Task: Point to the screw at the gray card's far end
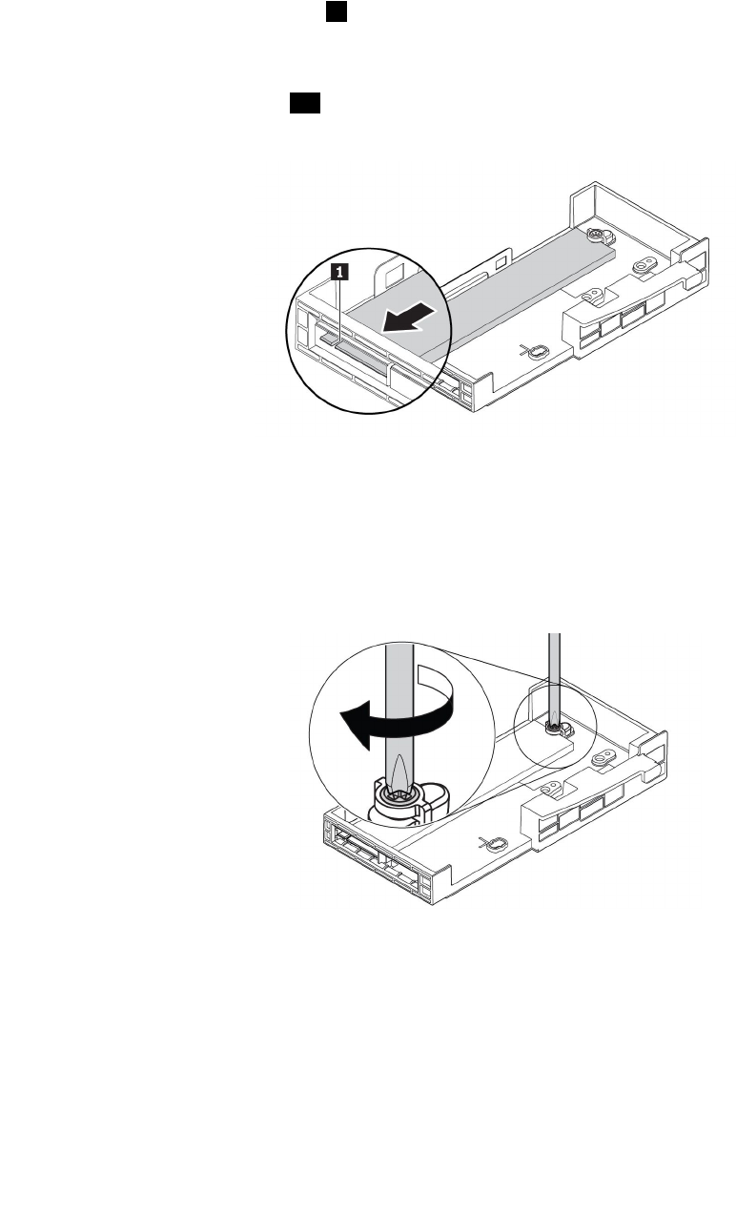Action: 594,235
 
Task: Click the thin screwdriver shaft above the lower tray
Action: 551,668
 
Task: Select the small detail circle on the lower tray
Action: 554,730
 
